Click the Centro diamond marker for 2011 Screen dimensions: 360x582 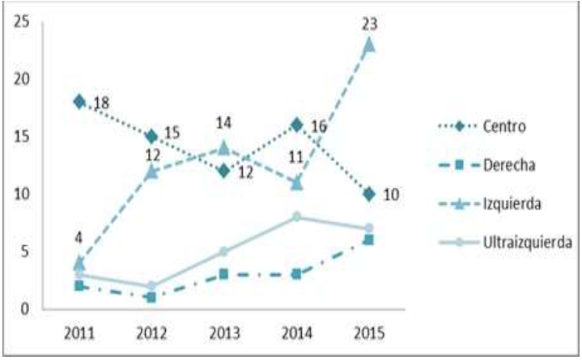coord(79,101)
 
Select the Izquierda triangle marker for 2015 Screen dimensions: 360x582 coord(369,44)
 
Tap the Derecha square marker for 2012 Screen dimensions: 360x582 coord(151,297)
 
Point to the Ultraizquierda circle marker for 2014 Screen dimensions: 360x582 coord(296,217)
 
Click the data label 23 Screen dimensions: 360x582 coord(370,25)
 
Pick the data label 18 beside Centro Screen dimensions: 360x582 coord(101,104)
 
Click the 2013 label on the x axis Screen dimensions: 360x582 coord(224,332)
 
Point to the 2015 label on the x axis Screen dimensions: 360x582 coord(369,332)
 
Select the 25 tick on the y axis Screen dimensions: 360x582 coord(23,22)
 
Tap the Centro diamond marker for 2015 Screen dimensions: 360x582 coord(369,194)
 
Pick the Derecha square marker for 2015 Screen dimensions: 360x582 coord(369,239)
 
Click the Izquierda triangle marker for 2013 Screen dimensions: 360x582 coord(224,147)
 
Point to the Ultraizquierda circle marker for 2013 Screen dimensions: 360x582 coord(224,251)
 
